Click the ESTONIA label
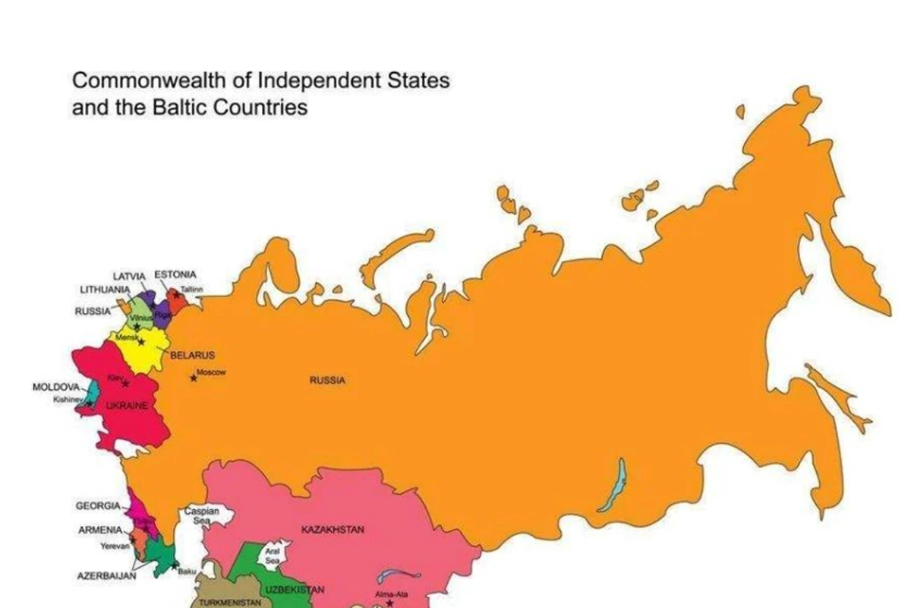point(175,274)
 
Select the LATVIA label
point(130,276)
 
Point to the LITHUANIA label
point(105,290)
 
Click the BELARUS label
point(193,355)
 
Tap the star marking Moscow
point(193,378)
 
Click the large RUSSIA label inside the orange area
point(327,380)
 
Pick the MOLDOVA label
point(55,387)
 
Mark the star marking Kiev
point(125,383)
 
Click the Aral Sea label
point(272,553)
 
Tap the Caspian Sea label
point(202,516)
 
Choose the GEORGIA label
point(98,505)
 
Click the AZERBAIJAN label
point(107,576)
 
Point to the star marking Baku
point(175,565)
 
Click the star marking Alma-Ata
point(389,603)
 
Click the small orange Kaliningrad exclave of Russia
point(122,310)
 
